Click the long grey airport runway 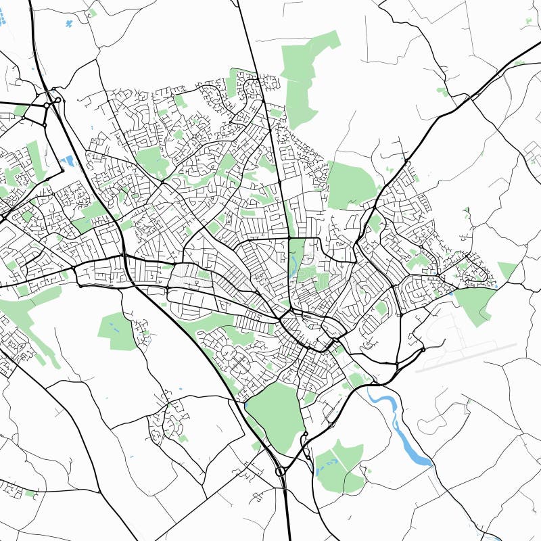point(467,356)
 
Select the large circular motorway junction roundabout point(281,471)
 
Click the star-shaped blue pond point(69,24)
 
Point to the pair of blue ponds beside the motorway point(68,161)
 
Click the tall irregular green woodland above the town point(304,74)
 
